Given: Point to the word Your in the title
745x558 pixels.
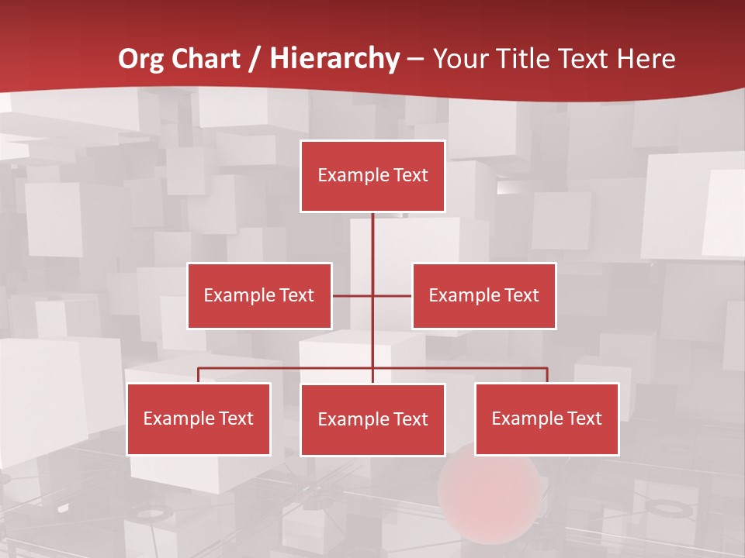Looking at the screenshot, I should [x=460, y=59].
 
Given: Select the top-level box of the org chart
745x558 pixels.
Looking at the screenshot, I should [x=372, y=176].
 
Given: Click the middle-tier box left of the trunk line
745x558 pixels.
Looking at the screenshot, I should [x=259, y=295].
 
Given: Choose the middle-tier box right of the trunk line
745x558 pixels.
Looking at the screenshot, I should [x=483, y=295].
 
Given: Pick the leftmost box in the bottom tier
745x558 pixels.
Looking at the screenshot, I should [x=199, y=418].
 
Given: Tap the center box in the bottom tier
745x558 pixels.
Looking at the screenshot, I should [x=372, y=419].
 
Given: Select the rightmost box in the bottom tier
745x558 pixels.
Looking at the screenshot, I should [x=546, y=418].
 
